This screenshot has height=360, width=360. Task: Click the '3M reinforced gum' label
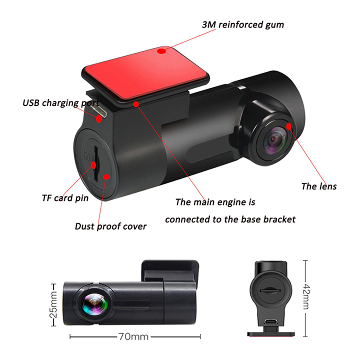[243, 24]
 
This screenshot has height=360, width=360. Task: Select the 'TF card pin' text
[65, 198]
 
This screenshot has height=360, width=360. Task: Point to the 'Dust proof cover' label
[110, 226]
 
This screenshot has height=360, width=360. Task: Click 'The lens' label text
[318, 186]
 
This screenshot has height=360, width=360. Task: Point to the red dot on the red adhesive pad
[160, 50]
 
